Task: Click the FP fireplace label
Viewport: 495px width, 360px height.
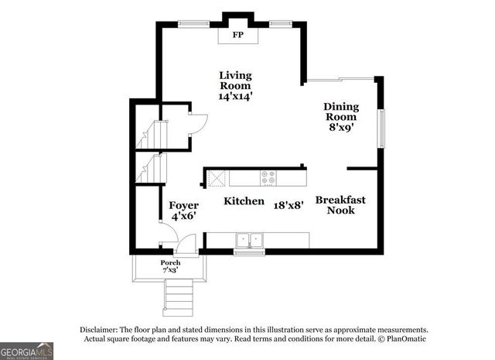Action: (238, 35)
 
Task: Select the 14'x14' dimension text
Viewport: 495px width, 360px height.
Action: (235, 97)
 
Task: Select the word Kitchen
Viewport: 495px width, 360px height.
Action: (244, 201)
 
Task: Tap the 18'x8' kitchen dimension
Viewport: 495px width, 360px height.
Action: (288, 205)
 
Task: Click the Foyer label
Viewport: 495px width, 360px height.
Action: (184, 205)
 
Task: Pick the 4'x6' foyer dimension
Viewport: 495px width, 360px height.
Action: (184, 217)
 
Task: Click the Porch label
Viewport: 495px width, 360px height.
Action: (170, 262)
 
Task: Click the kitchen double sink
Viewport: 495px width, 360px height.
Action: (249, 239)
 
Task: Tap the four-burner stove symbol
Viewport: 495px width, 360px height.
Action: (268, 177)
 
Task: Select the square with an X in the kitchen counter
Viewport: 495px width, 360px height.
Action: (217, 178)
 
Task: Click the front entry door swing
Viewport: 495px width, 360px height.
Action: (186, 244)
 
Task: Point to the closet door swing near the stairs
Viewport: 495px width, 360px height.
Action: (198, 124)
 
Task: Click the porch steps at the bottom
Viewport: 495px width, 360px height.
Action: (179, 295)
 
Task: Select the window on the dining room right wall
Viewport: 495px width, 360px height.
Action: (380, 128)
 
